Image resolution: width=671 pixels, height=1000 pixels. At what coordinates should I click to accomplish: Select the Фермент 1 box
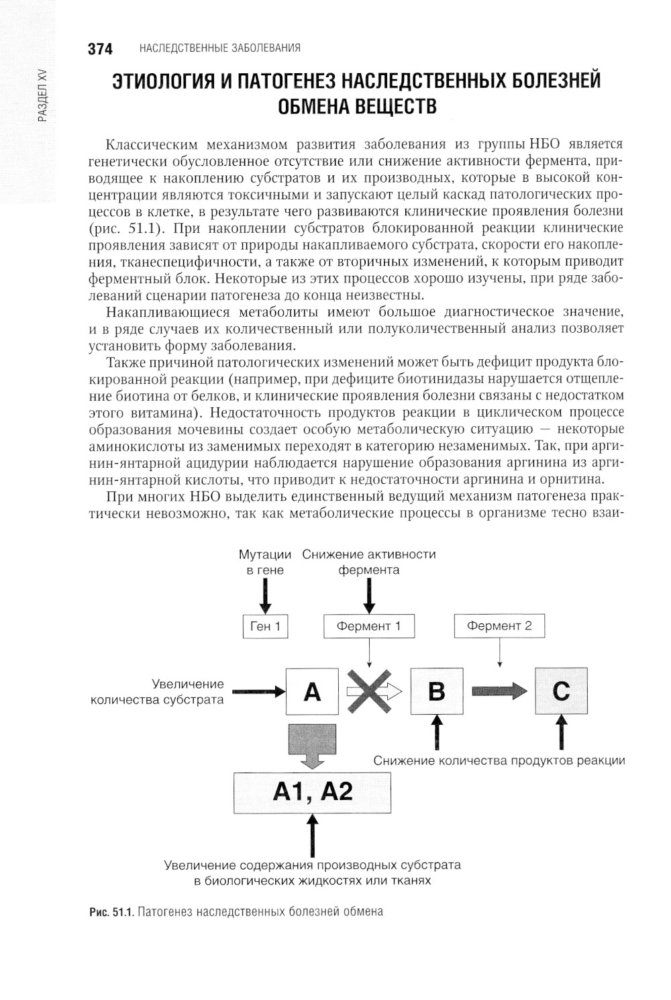tap(369, 626)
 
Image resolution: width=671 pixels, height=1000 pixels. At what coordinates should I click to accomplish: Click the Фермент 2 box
tap(499, 626)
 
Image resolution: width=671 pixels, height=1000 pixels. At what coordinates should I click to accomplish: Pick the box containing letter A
tap(312, 691)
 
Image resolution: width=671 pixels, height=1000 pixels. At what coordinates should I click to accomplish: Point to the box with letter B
tap(436, 691)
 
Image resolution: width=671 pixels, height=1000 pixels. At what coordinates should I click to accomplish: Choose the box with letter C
tap(561, 691)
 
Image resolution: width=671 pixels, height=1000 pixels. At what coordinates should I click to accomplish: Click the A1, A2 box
tap(312, 793)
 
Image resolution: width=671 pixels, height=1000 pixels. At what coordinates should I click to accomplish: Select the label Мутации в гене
tap(265, 562)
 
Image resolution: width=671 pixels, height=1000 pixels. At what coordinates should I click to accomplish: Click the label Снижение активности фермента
tap(369, 562)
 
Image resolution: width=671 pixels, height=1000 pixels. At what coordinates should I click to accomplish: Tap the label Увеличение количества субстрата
tap(157, 692)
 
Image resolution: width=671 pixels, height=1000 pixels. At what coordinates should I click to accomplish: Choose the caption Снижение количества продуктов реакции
tap(499, 760)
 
